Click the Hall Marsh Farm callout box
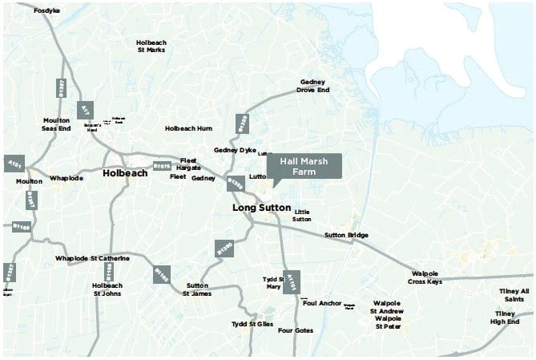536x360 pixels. tap(304, 165)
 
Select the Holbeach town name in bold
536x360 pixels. tap(125, 172)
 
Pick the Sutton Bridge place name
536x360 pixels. tap(346, 235)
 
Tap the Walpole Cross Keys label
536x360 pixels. tap(425, 278)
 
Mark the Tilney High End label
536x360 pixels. tap(506, 318)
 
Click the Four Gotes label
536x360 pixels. tap(296, 330)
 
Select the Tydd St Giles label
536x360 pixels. tap(252, 324)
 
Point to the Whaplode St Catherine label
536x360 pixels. tap(92, 258)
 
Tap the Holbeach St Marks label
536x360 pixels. tap(151, 46)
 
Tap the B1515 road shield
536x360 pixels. tap(162, 166)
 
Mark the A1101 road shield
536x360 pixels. tap(293, 281)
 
